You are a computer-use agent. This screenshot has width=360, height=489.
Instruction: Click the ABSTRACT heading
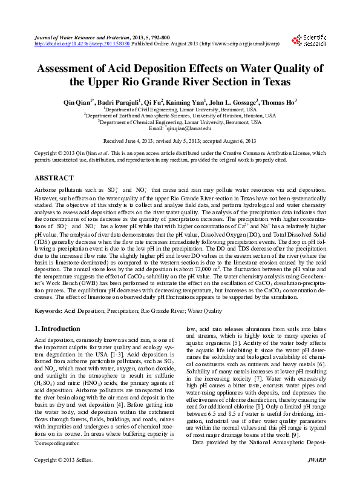[x=54, y=179]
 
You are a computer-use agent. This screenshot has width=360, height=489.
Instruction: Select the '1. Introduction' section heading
[x=57, y=329]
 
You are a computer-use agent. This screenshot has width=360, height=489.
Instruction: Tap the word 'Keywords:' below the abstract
[x=48, y=310]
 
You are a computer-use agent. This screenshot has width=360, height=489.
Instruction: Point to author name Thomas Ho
[x=281, y=102]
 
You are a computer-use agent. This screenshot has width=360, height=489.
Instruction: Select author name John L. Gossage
[x=235, y=102]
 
